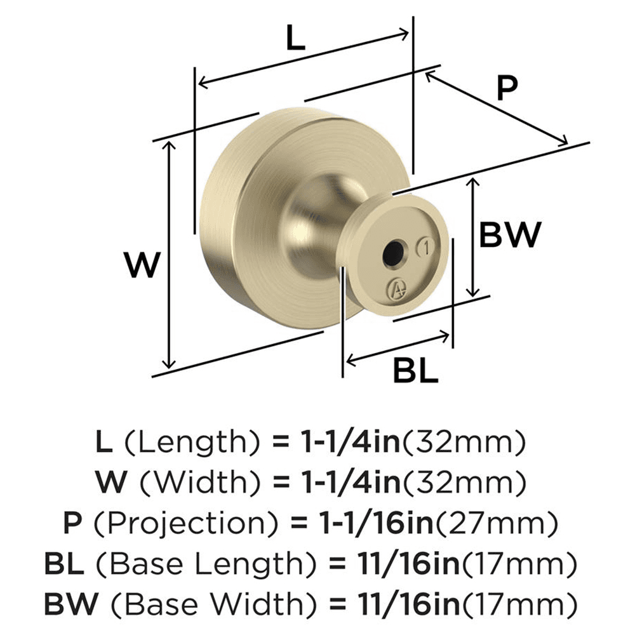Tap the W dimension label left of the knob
pyautogui.click(x=140, y=265)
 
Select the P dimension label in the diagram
pyautogui.click(x=507, y=89)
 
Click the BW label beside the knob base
pyautogui.click(x=509, y=236)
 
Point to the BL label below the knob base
pyautogui.click(x=415, y=370)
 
